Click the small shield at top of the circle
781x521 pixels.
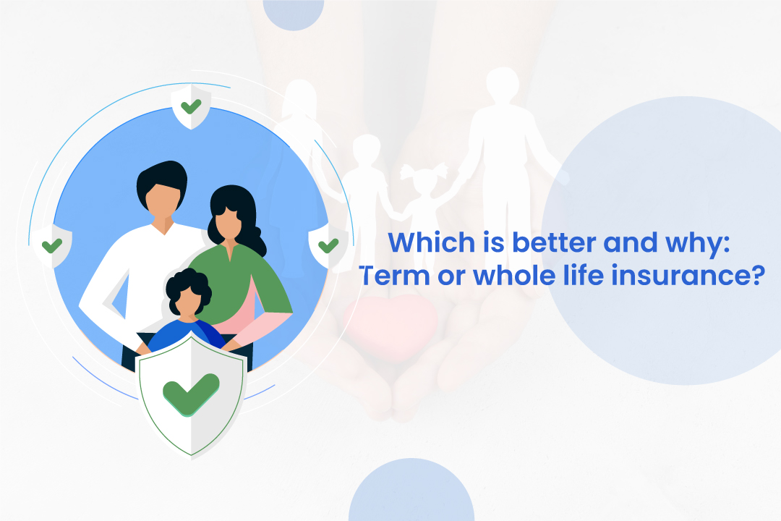[190, 108]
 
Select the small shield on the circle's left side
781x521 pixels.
[52, 245]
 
